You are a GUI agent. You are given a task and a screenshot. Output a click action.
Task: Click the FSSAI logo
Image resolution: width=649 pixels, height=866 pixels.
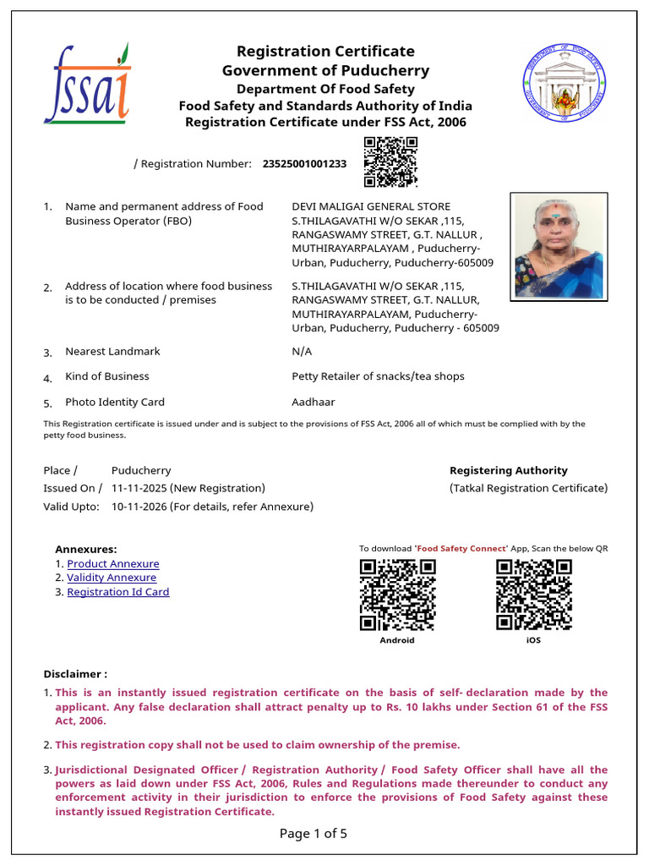(87, 84)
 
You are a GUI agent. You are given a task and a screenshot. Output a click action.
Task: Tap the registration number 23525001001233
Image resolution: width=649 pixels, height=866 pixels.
(304, 164)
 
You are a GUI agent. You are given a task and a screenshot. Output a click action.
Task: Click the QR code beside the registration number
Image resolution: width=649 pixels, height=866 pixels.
(390, 162)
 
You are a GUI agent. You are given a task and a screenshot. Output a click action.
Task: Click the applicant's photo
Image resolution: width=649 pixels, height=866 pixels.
(559, 246)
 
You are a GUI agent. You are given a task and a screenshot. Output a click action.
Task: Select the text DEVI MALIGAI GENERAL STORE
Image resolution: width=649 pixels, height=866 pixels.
(371, 206)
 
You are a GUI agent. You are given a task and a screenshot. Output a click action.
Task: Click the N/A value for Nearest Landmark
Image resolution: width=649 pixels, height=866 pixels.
(302, 352)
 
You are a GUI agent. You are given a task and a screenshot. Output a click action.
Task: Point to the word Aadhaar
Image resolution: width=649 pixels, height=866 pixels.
(312, 403)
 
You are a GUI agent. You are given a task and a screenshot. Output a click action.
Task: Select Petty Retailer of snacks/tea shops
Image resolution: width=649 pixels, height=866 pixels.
(378, 376)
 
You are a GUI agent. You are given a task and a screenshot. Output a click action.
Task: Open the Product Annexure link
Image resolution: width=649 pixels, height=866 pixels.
(112, 564)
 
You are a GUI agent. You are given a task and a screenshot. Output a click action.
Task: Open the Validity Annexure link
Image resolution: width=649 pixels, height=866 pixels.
(112, 578)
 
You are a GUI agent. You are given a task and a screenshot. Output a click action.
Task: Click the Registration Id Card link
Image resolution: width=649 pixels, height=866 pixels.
(117, 592)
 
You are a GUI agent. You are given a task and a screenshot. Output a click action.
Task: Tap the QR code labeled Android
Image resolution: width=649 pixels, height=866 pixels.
(397, 595)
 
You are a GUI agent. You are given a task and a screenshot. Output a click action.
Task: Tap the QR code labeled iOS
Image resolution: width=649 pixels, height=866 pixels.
(533, 595)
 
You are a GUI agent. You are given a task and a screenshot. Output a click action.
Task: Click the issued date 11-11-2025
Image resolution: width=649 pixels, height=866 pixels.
(139, 489)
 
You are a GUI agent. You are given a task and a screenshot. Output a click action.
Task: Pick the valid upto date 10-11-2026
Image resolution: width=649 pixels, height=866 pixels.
(139, 507)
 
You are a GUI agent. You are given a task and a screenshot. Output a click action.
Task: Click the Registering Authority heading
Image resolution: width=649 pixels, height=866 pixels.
(508, 470)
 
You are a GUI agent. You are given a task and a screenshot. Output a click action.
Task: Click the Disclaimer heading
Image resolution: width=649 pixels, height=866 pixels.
(75, 674)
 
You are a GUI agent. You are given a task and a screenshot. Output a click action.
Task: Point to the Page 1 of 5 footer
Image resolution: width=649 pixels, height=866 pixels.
(313, 834)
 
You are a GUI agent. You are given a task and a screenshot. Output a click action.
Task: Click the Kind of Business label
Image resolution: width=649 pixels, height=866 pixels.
(106, 376)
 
